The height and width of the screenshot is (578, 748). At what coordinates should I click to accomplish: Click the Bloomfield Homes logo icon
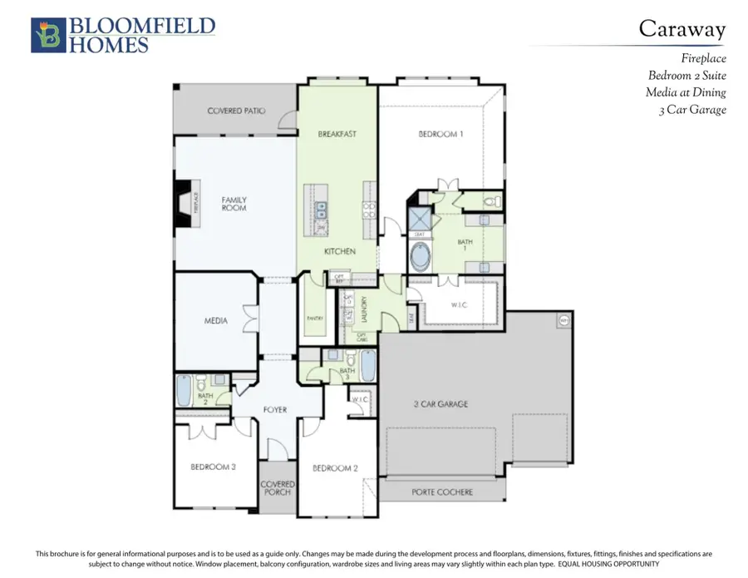45,36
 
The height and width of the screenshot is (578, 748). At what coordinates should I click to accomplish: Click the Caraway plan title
682,29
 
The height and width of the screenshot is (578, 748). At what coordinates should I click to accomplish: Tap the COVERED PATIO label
236,111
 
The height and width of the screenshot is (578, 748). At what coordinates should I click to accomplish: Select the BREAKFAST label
337,133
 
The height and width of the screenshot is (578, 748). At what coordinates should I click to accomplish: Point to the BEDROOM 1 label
440,133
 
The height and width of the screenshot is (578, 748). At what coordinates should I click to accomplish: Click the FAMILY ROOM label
234,204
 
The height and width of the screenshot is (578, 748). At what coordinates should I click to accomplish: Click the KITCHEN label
340,251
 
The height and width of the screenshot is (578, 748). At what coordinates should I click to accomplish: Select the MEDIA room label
216,320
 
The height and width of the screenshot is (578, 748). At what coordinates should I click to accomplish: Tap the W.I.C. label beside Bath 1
460,304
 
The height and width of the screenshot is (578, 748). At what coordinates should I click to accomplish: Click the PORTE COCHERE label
442,492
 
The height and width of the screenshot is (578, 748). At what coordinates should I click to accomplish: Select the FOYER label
275,409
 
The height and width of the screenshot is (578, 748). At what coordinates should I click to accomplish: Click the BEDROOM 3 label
213,467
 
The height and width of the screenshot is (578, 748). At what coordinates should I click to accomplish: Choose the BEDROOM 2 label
335,468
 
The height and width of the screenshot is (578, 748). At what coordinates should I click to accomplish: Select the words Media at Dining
686,91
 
